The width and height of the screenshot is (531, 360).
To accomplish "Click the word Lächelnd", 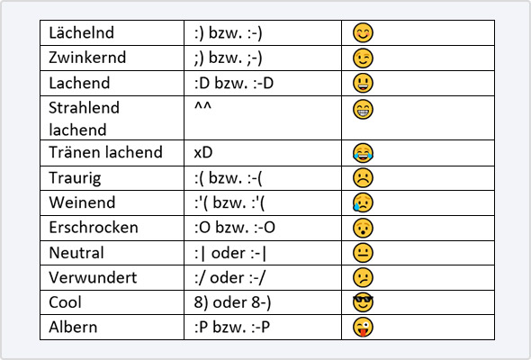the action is pyautogui.click(x=81, y=33).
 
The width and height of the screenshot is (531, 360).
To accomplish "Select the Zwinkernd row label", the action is pyautogui.click(x=87, y=58).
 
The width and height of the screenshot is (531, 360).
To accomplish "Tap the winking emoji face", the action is pyautogui.click(x=363, y=58).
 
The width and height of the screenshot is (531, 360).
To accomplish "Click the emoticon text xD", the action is pyautogui.click(x=203, y=153).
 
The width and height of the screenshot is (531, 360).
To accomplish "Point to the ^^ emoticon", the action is pyautogui.click(x=202, y=106).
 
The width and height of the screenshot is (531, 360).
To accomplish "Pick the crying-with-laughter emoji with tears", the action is pyautogui.click(x=363, y=153).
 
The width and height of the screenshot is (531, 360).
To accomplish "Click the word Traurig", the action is pyautogui.click(x=75, y=178).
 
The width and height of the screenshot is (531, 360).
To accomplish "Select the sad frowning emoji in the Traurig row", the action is pyautogui.click(x=363, y=178).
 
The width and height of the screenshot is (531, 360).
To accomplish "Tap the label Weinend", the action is pyautogui.click(x=82, y=202).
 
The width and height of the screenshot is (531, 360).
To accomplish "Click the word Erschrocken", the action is pyautogui.click(x=94, y=227).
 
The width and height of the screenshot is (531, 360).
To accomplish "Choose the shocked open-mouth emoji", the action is pyautogui.click(x=363, y=228).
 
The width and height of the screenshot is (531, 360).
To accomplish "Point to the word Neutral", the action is pyautogui.click(x=76, y=253).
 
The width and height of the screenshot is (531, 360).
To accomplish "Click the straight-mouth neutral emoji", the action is pyautogui.click(x=363, y=253).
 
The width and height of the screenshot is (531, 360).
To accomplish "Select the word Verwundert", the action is pyautogui.click(x=93, y=278).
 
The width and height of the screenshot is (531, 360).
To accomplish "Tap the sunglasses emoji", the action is pyautogui.click(x=363, y=302).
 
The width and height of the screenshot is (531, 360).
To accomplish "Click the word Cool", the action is pyautogui.click(x=65, y=302).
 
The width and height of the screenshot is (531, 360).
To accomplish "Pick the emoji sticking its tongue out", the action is pyautogui.click(x=363, y=327).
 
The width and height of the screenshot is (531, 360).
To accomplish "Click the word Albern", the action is pyautogui.click(x=73, y=327).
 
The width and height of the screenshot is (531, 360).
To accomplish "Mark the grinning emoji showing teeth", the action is pyautogui.click(x=363, y=109).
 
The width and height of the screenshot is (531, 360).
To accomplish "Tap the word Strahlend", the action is pyautogui.click(x=85, y=108).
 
